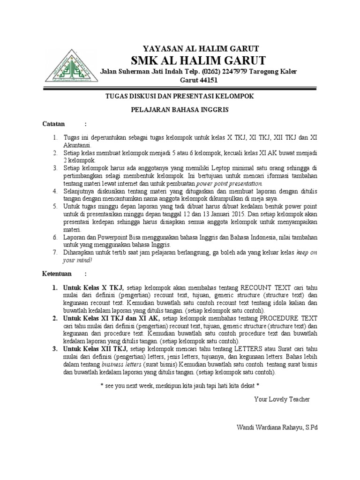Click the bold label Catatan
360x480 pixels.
click(54, 124)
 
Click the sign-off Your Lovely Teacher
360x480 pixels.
click(282, 399)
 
